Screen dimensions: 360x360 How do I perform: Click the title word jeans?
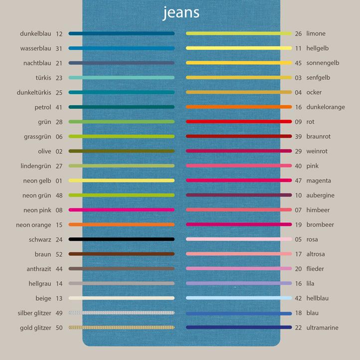coord(181,12)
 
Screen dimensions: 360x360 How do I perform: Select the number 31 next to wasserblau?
coord(59,48)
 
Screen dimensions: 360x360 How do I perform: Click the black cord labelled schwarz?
coord(122,239)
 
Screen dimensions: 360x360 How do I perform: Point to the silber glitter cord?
coord(122,313)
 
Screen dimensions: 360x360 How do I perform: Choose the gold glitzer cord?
coord(122,328)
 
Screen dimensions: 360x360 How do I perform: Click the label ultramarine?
coord(322,328)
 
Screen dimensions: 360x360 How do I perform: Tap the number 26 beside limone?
coord(298,34)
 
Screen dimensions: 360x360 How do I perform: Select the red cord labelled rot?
coord(239,122)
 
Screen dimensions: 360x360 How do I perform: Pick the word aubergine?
coord(320,195)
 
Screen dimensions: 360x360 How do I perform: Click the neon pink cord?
coord(122,210)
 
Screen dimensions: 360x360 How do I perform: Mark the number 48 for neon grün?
coord(59,195)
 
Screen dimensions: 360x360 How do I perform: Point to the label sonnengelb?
coord(323,63)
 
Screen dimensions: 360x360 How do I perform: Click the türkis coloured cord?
coord(122,78)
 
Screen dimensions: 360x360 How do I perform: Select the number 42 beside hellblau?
coord(298,298)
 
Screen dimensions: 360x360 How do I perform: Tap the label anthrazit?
coord(39,269)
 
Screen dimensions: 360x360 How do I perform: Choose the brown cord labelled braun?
coord(122,254)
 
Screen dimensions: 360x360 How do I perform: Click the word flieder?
coord(315,269)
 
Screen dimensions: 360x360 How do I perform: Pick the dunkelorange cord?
coord(239,107)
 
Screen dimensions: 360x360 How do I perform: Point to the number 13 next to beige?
coord(59,298)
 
